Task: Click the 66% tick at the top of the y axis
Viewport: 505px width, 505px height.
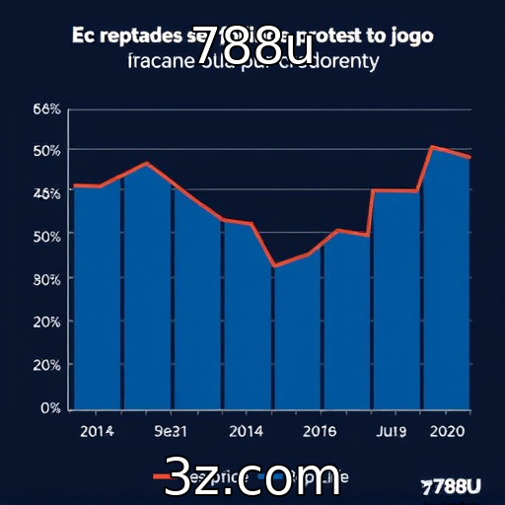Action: click(x=47, y=108)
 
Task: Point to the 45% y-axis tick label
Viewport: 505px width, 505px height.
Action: click(x=47, y=193)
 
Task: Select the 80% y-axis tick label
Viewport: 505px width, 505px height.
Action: click(x=47, y=279)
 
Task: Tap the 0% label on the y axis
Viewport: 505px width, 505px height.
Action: click(x=51, y=407)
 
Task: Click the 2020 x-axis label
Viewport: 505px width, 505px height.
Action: click(x=449, y=431)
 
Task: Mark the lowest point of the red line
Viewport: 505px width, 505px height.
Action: click(x=274, y=265)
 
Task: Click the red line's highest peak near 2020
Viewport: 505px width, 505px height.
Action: click(x=433, y=147)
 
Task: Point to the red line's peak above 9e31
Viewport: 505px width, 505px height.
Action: click(x=147, y=163)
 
